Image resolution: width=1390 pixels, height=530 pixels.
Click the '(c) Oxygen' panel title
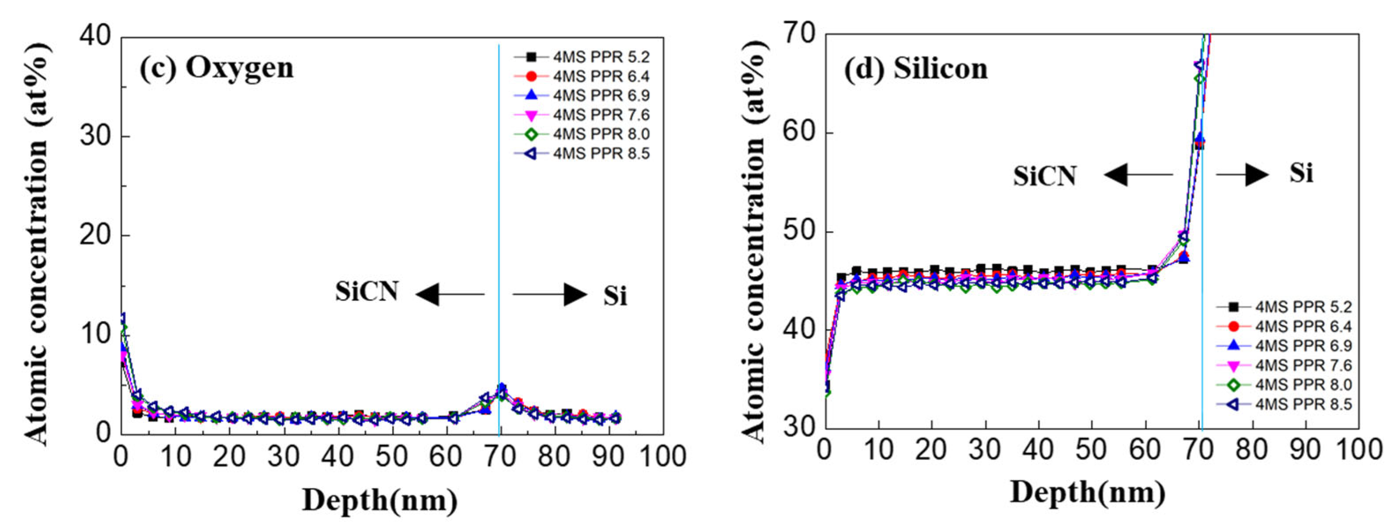tap(217, 68)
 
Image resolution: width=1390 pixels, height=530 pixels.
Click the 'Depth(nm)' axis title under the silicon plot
tap(1087, 492)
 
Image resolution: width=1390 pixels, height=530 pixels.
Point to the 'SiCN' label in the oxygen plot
tap(367, 292)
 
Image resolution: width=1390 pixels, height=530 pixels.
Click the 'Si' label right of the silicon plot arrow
tap(1301, 174)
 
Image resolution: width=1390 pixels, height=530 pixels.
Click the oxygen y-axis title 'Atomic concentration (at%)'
tap(38, 243)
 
